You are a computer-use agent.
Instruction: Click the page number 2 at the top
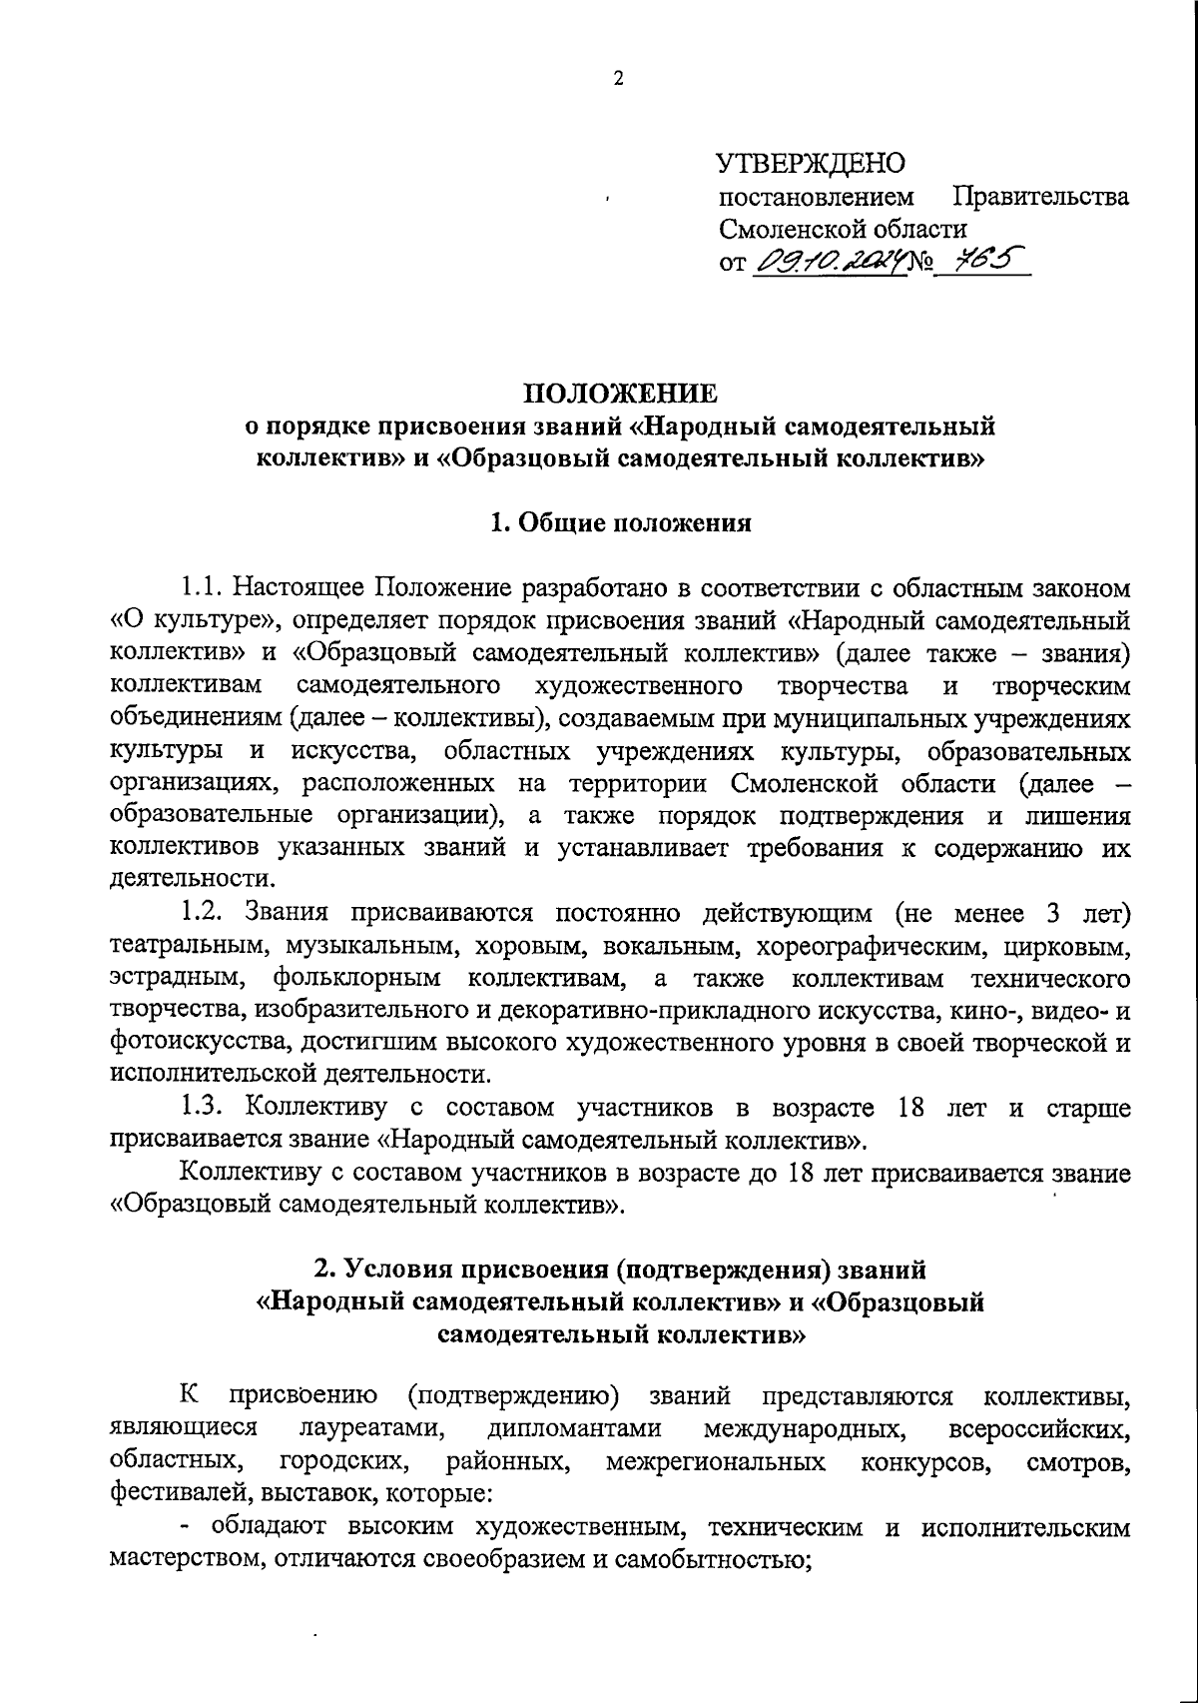point(618,80)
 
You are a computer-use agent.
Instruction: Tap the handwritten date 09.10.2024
point(827,262)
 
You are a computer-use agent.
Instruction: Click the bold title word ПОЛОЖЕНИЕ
point(620,393)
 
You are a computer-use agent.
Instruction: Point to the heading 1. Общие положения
point(620,523)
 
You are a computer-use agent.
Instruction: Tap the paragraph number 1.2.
point(206,913)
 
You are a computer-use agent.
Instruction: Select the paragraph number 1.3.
point(206,1108)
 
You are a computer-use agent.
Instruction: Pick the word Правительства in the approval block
point(1041,196)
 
